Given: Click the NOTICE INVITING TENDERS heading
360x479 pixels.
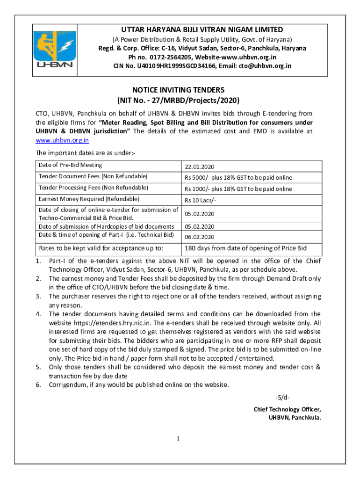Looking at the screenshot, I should pyautogui.click(x=178, y=90).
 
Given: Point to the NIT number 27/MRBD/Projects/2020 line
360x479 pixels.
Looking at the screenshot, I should pyautogui.click(x=178, y=101).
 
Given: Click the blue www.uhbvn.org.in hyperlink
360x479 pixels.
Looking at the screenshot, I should pyautogui.click(x=63, y=140).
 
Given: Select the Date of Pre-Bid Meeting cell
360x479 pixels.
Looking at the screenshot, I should pyautogui.click(x=70, y=165).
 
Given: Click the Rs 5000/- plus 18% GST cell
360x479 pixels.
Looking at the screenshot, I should pyautogui.click(x=238, y=178).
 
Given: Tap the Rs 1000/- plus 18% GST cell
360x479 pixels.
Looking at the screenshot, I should pyautogui.click(x=238, y=189).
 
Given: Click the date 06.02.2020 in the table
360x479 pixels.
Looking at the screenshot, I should pyautogui.click(x=199, y=237).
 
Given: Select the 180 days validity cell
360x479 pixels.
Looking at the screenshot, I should pyautogui.click(x=245, y=248).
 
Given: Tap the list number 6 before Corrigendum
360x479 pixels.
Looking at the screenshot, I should pyautogui.click(x=39, y=385).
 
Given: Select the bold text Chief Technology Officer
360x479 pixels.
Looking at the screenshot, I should pyautogui.click(x=287, y=409).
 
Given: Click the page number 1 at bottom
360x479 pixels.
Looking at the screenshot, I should pyautogui.click(x=178, y=439).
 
